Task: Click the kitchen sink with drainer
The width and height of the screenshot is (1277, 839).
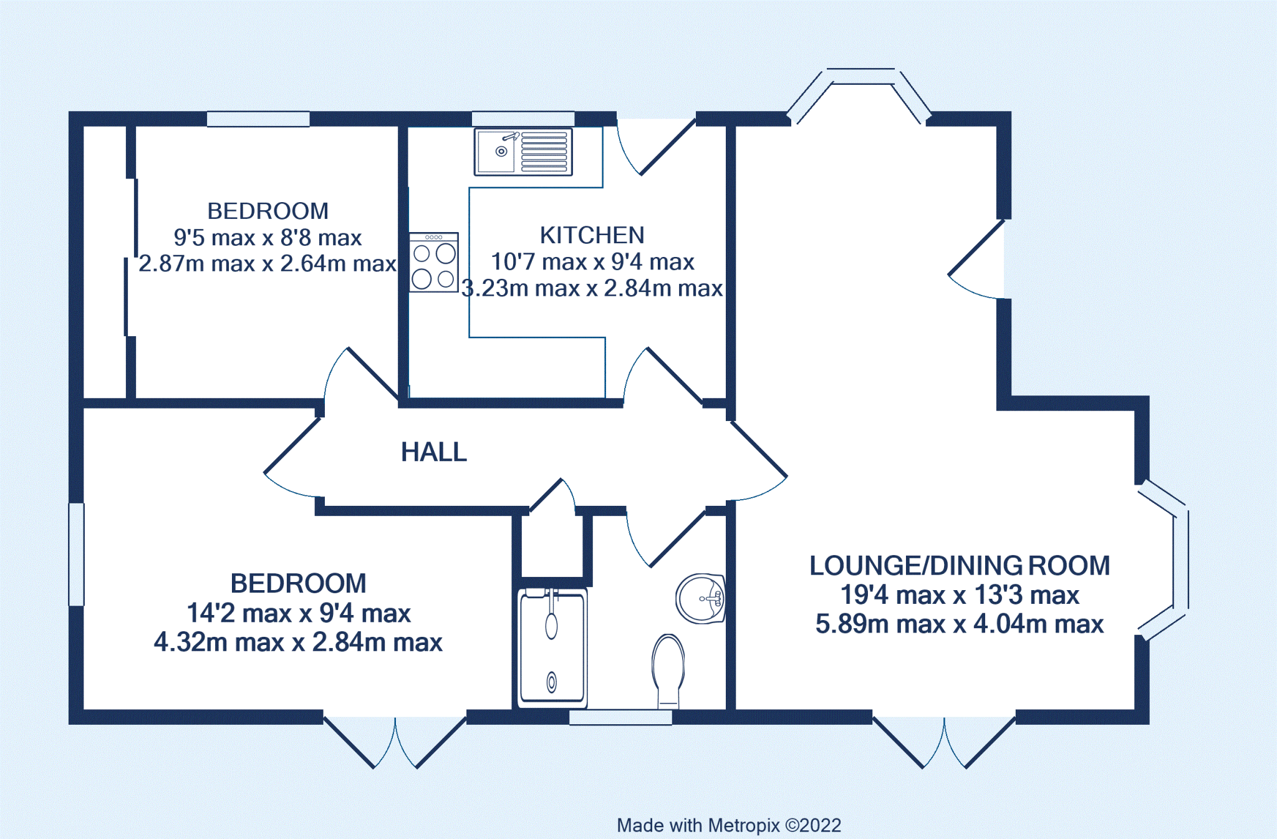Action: pyautogui.click(x=523, y=152)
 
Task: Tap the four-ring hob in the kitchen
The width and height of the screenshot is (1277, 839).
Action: pyautogui.click(x=434, y=263)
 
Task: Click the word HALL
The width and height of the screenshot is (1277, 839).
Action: pyautogui.click(x=434, y=452)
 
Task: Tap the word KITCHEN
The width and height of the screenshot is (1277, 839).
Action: pyautogui.click(x=592, y=235)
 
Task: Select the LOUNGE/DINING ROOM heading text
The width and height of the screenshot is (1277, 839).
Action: pyautogui.click(x=959, y=566)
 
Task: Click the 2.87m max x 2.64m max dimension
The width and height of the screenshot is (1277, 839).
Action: pyautogui.click(x=267, y=264)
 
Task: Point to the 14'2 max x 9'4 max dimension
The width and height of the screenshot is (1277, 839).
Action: pyautogui.click(x=299, y=613)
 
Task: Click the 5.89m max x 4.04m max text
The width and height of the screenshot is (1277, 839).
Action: pyautogui.click(x=959, y=624)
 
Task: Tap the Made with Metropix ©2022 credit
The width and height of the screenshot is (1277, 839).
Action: pyautogui.click(x=728, y=825)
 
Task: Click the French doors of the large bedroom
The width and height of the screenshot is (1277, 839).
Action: pyautogui.click(x=395, y=742)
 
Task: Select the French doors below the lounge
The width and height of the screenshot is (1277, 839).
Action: pyautogui.click(x=944, y=742)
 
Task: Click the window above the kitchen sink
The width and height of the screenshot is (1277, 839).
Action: pyautogui.click(x=523, y=119)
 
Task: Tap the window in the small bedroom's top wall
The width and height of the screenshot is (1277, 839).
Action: pyautogui.click(x=258, y=119)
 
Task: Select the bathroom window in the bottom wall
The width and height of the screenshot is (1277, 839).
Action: pyautogui.click(x=620, y=717)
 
